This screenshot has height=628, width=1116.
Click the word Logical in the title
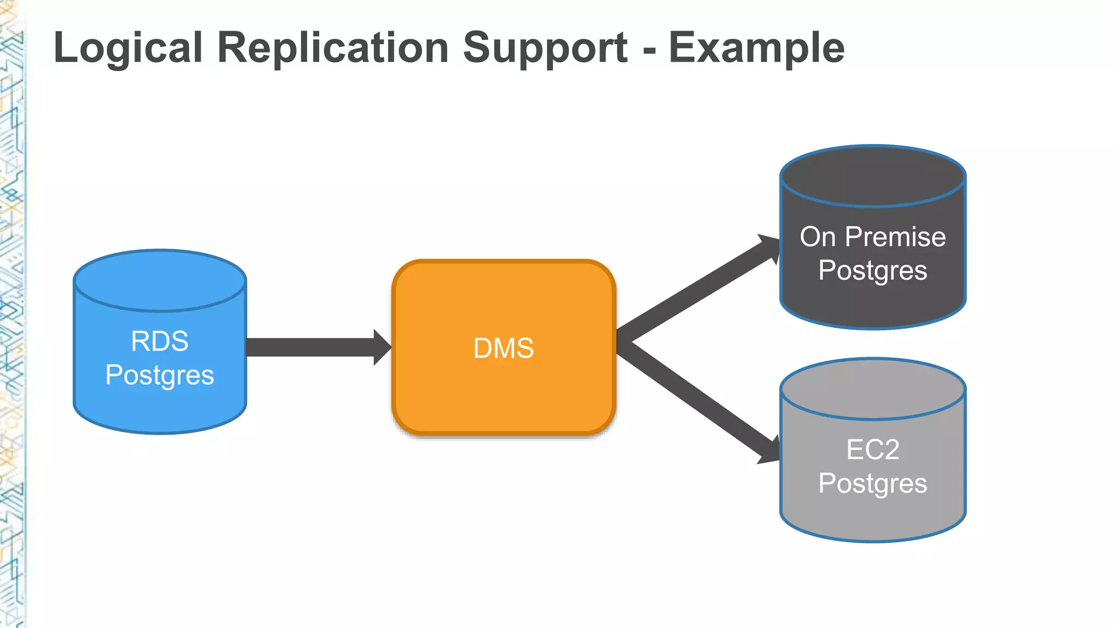click(x=128, y=48)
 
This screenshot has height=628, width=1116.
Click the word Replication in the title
click(x=332, y=48)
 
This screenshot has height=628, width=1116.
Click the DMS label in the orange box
click(x=504, y=348)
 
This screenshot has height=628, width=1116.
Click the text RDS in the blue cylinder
click(x=160, y=342)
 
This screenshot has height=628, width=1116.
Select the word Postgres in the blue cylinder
click(x=160, y=376)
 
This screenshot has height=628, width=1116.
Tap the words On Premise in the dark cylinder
click(x=872, y=237)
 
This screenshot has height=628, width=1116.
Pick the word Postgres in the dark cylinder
click(x=872, y=270)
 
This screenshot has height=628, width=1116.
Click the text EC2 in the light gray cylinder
click(x=872, y=450)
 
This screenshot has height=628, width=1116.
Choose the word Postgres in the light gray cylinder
click(x=872, y=484)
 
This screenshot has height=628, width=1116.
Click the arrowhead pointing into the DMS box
click(x=382, y=347)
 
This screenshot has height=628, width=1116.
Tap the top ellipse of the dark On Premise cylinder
click(x=872, y=176)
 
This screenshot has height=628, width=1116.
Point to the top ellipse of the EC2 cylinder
click(x=872, y=389)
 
